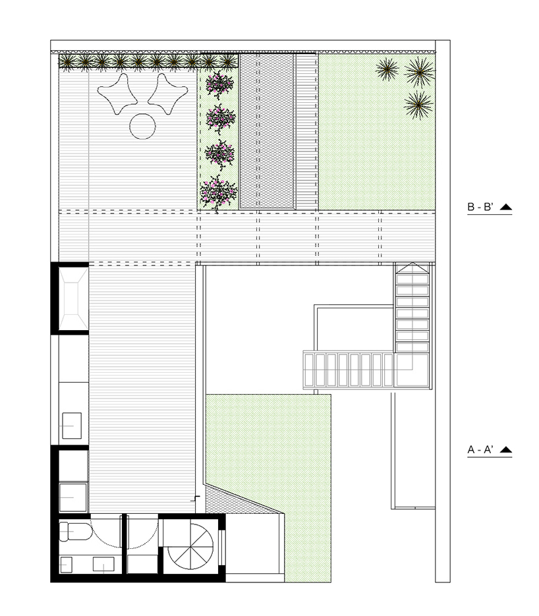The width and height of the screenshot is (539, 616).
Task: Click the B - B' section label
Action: coord(480,208)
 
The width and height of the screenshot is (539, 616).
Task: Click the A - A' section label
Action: coord(480,450)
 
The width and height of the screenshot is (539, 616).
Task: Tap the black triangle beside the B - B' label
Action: coord(505,208)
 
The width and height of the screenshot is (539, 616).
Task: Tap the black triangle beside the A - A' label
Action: coord(505,450)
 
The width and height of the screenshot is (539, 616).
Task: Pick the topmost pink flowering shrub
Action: coord(219,85)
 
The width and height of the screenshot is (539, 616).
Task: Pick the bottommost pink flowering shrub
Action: coord(219,192)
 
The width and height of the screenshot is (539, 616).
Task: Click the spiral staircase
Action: coord(190,549)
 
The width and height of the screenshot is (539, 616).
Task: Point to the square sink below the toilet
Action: coord(67,564)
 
